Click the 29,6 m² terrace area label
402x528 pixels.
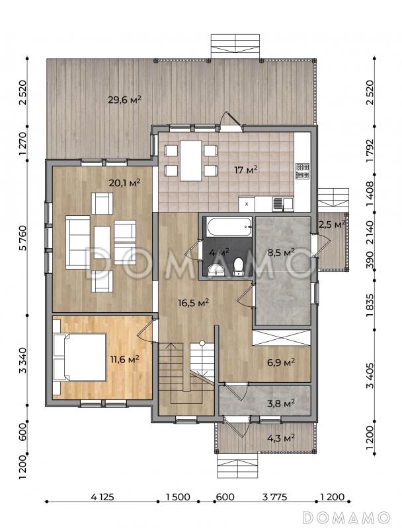click(124, 100)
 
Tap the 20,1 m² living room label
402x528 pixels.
click(124, 183)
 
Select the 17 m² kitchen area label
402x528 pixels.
click(246, 170)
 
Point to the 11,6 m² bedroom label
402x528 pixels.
click(125, 359)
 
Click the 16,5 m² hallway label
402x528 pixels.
click(193, 302)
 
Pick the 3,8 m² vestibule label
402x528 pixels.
click(281, 403)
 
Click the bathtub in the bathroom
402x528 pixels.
click(229, 227)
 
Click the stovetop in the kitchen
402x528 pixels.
click(302, 171)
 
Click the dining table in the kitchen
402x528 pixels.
click(190, 160)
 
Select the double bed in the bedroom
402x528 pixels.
click(80, 357)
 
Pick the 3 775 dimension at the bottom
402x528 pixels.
click(274, 497)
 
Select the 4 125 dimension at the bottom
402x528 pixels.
click(102, 497)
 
